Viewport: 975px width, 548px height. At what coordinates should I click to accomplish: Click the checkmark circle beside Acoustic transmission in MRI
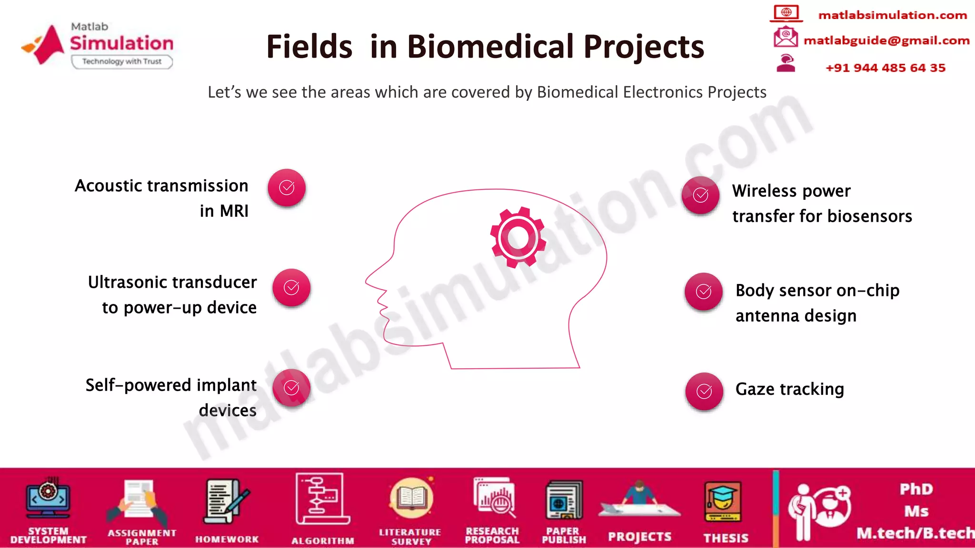[287, 188]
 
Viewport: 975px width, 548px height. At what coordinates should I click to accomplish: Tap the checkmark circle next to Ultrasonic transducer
[291, 288]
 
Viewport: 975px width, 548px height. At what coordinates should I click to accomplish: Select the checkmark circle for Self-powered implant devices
[291, 388]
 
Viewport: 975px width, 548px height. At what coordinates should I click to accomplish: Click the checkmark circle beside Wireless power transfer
[700, 195]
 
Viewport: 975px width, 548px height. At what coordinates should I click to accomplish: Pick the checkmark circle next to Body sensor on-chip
[704, 292]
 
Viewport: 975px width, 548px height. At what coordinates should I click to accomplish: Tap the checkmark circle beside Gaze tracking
[704, 391]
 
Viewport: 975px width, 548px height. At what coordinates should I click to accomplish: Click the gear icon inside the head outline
[518, 237]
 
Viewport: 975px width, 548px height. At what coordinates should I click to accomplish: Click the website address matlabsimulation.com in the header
[893, 15]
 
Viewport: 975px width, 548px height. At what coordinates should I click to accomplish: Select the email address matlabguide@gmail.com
[886, 40]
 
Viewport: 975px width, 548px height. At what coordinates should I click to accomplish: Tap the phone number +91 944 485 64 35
[885, 68]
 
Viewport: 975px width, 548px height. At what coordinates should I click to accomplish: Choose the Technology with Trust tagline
[122, 61]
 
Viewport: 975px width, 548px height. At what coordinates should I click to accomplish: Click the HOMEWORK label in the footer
[227, 539]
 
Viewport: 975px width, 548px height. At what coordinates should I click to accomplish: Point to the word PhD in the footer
[916, 489]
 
